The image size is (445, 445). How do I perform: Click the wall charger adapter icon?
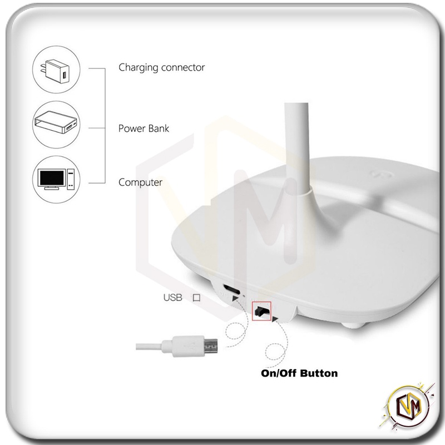[x=56, y=71]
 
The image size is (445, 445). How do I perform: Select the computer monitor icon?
[x=52, y=179]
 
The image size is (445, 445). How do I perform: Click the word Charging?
[x=138, y=68]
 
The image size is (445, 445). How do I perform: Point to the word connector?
[x=183, y=67]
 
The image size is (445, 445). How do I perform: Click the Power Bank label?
[x=144, y=128]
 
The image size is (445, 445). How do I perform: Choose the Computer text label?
[x=140, y=182]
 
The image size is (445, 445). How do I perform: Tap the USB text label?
[x=172, y=298]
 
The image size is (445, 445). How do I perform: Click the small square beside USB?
[x=196, y=298]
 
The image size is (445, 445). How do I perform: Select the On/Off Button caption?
[x=299, y=373]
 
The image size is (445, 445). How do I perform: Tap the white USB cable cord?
[x=149, y=347]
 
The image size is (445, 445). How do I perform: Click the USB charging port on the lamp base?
[x=231, y=289]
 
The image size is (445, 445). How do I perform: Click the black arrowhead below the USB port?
[x=235, y=299]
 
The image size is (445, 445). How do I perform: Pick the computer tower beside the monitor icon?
[x=71, y=179]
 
